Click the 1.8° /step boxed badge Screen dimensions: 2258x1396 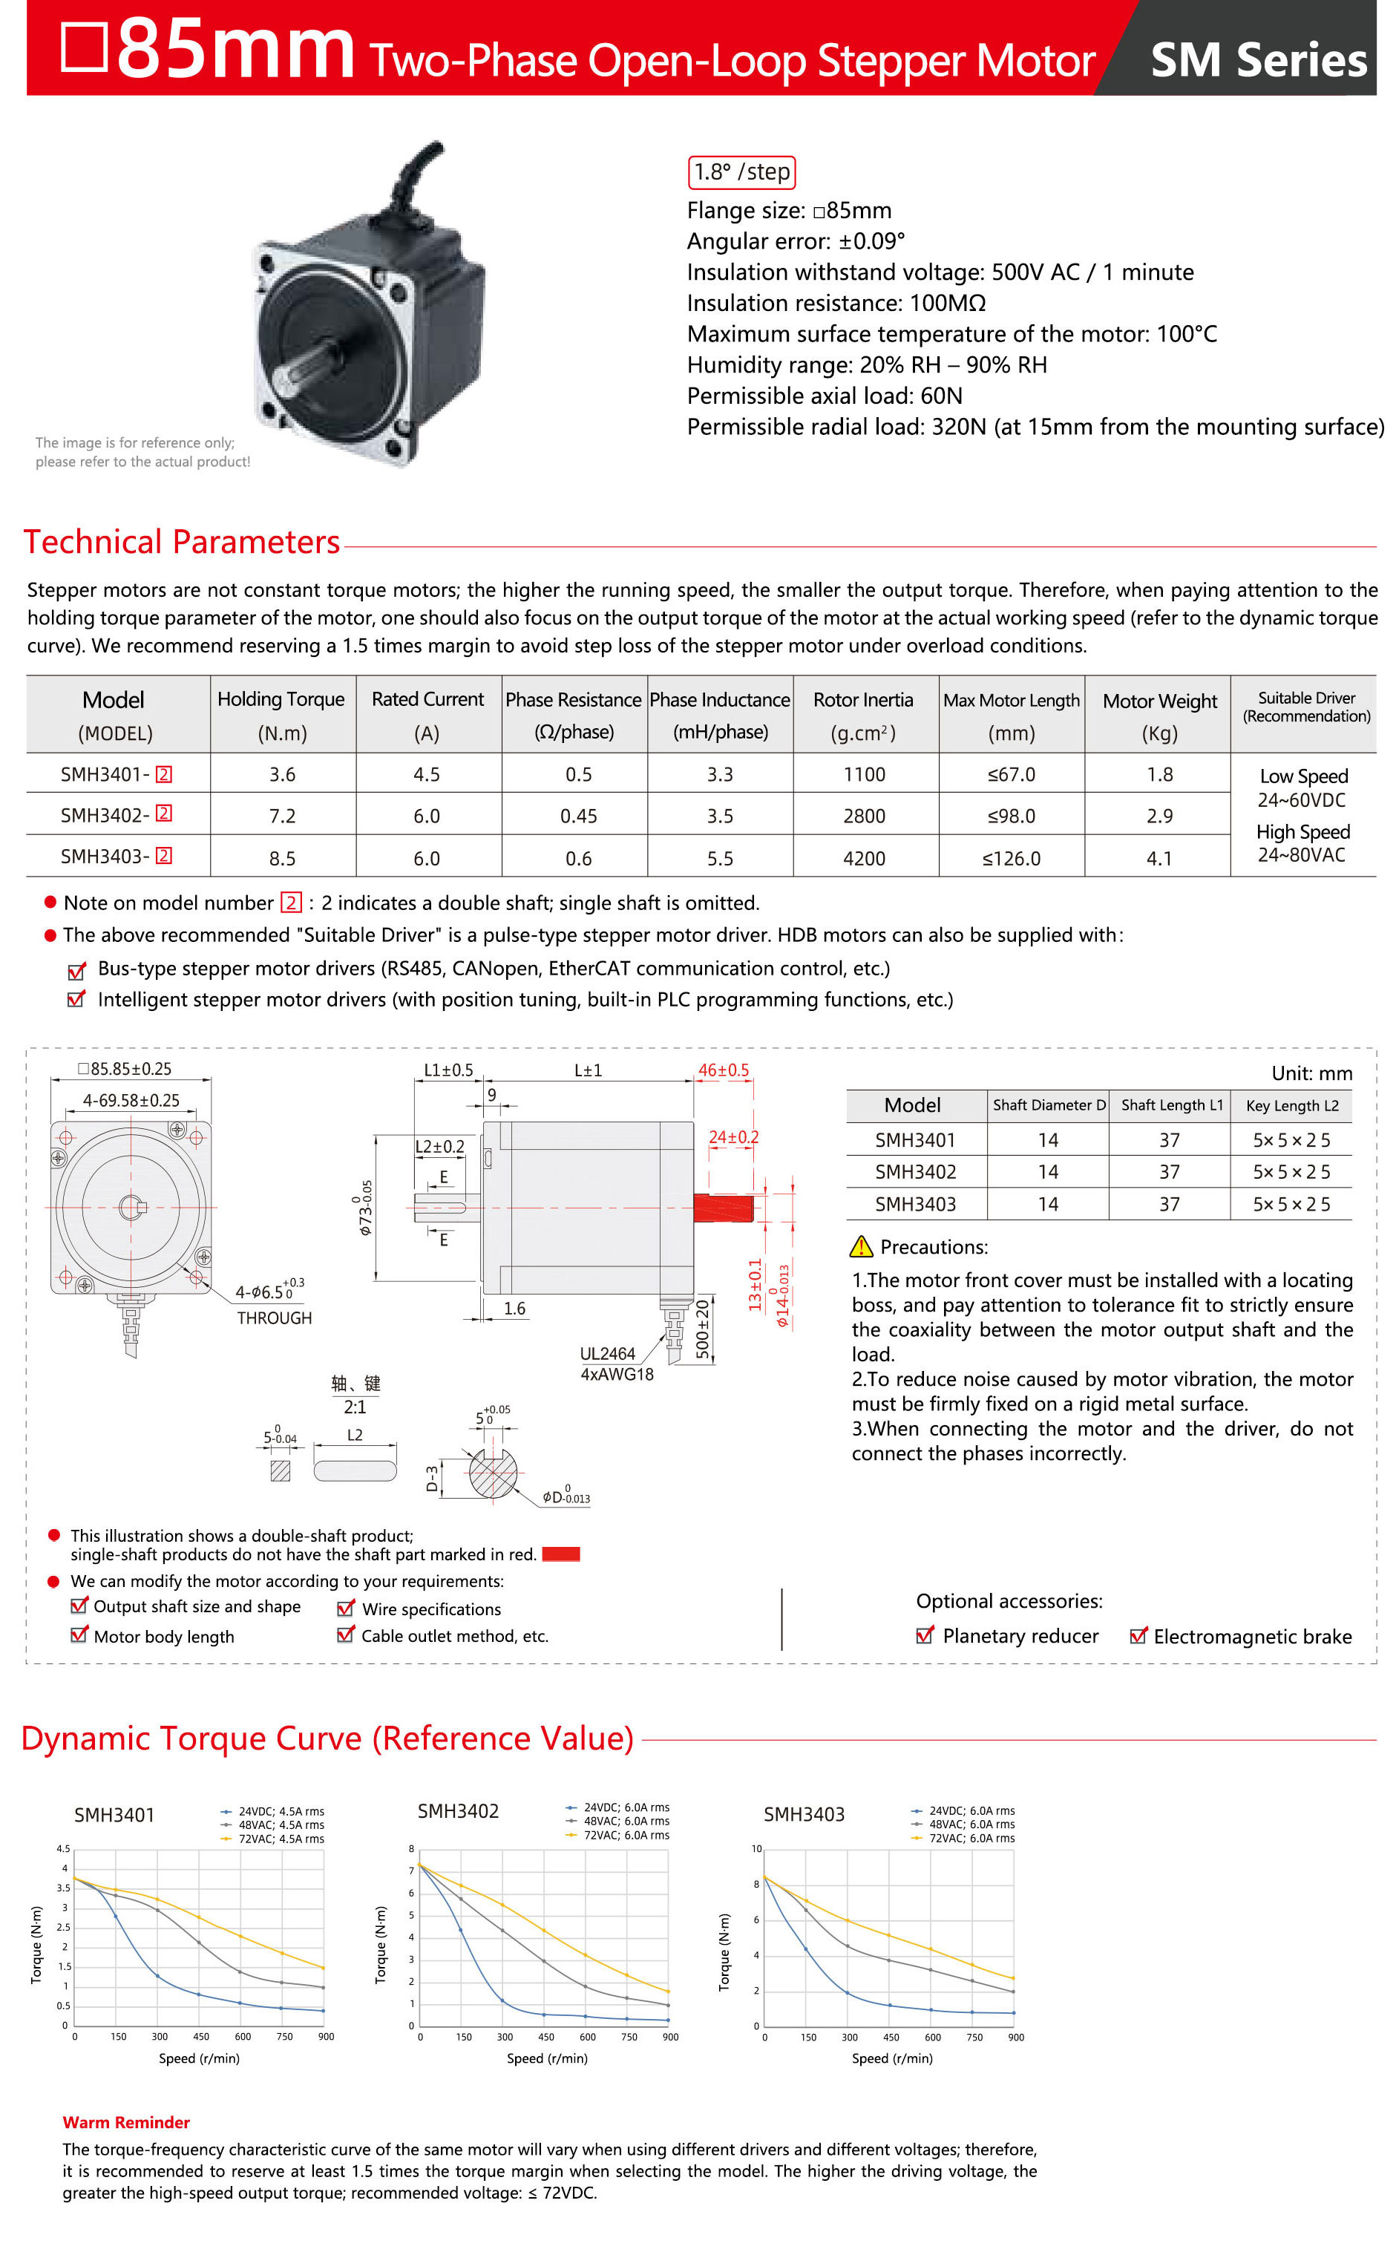(x=741, y=173)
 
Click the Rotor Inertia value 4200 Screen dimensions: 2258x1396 (x=863, y=859)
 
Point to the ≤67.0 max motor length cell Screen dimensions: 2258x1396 (x=1011, y=774)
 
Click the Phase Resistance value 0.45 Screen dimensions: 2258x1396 (x=578, y=816)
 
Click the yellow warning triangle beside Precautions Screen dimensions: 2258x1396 (x=860, y=1246)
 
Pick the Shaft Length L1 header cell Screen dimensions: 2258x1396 (x=1170, y=1105)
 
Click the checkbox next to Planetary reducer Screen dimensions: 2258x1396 (x=924, y=1636)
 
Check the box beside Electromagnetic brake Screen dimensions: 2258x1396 (x=1138, y=1636)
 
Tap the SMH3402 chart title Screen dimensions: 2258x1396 (x=458, y=1811)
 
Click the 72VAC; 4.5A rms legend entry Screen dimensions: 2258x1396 (x=281, y=1839)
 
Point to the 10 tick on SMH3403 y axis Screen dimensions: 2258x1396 (x=756, y=1849)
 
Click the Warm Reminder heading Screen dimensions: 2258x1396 (x=125, y=2122)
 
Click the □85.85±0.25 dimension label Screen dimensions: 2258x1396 (x=125, y=1069)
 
